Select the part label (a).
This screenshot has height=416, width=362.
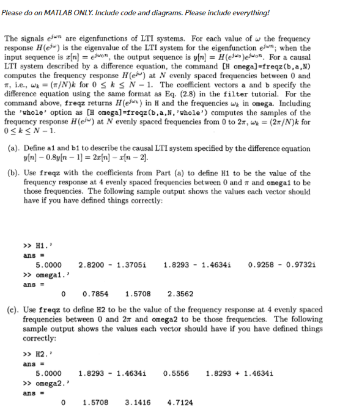coord(13,148)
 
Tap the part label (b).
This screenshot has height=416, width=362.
coord(13,174)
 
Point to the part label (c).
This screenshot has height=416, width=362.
coord(13,310)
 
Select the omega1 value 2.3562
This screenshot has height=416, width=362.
coord(180,293)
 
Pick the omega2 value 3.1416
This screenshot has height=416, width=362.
coord(138,403)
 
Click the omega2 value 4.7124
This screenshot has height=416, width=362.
coord(180,403)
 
